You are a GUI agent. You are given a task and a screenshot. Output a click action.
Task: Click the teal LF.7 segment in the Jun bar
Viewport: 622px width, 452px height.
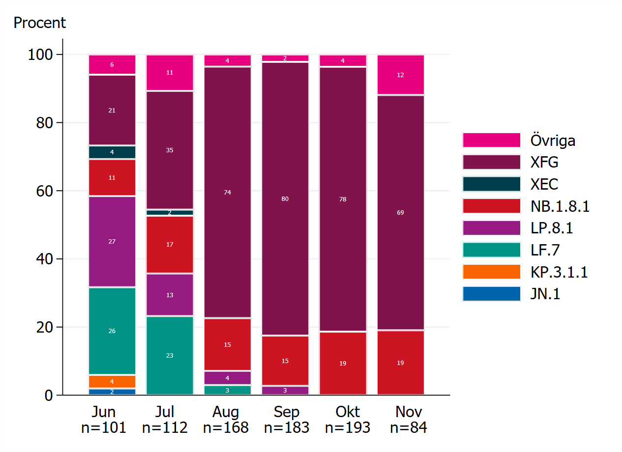(x=112, y=331)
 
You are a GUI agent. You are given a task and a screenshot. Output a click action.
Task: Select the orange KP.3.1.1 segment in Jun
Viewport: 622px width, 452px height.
(x=112, y=382)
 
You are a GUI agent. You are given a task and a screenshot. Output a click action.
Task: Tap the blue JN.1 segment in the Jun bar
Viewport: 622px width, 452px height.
(x=112, y=392)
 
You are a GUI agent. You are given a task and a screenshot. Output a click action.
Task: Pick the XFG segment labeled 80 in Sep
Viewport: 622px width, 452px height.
(x=285, y=198)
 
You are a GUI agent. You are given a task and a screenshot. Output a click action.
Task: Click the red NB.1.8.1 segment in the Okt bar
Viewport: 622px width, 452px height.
(x=343, y=363)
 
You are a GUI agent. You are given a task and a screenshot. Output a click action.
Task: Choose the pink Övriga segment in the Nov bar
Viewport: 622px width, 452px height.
(x=401, y=75)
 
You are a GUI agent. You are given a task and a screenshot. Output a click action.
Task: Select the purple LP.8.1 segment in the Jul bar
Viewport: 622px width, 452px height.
(x=170, y=295)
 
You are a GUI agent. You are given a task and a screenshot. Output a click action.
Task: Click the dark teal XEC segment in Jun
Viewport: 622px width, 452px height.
(x=112, y=152)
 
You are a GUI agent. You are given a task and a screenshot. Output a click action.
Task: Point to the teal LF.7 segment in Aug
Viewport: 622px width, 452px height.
(x=227, y=390)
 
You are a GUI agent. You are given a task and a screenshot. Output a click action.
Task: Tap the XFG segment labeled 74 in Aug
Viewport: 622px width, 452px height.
(x=227, y=192)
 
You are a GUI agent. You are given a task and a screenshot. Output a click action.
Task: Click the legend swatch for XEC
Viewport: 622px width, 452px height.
(x=491, y=184)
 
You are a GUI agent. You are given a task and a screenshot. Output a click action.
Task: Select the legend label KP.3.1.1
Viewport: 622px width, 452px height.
(x=559, y=272)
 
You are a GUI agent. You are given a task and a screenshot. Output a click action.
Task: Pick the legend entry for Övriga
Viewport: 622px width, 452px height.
(x=553, y=141)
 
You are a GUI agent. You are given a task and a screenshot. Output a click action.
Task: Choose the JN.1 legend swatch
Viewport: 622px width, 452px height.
(x=491, y=294)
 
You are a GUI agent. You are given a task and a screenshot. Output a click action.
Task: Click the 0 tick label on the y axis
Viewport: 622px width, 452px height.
(x=48, y=395)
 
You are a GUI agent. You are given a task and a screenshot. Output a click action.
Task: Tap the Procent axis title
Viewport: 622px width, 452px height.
(x=40, y=23)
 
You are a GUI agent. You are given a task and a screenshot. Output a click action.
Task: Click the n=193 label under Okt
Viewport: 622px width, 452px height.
(x=348, y=427)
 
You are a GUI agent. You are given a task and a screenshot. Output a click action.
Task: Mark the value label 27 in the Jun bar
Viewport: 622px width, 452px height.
(x=112, y=241)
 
